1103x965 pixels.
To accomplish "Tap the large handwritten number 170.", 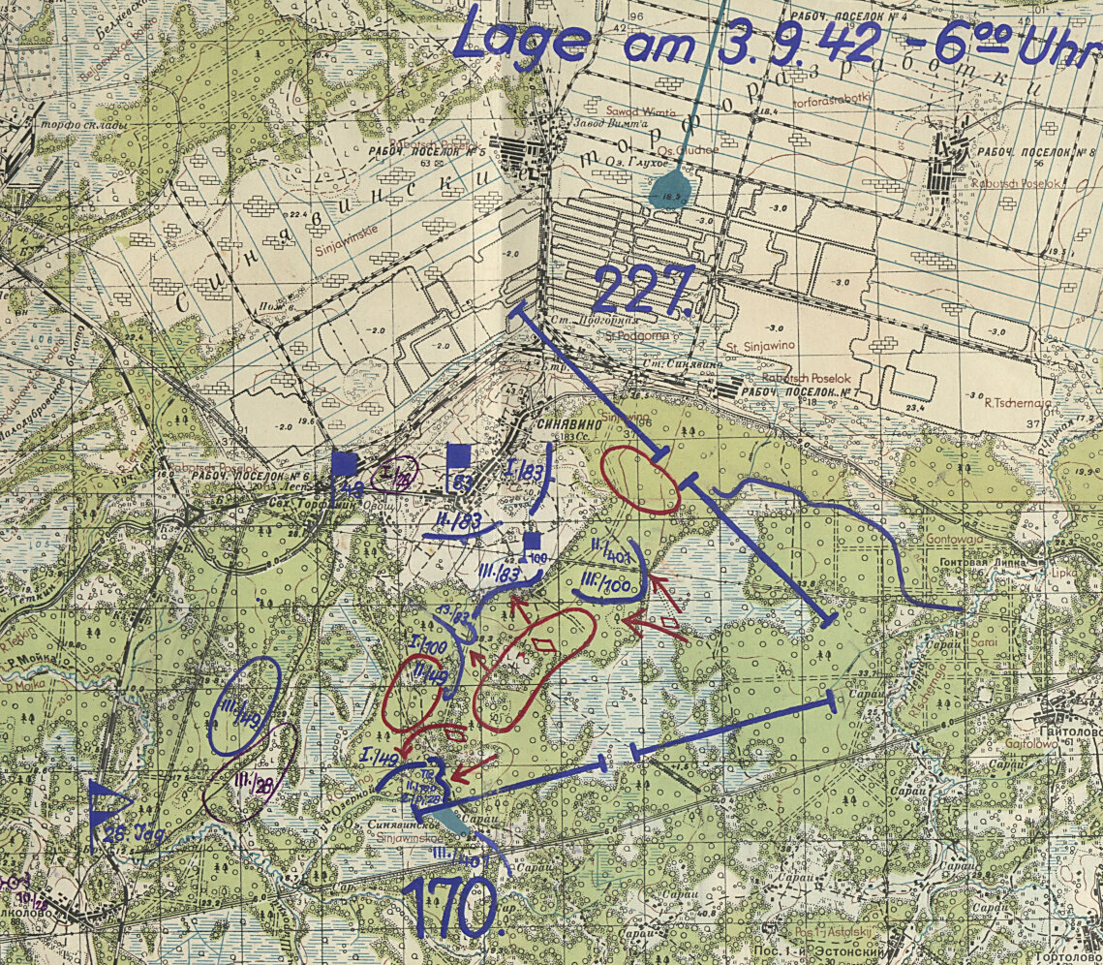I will click(x=453, y=908).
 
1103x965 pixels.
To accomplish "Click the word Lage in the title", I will click(x=522, y=40).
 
